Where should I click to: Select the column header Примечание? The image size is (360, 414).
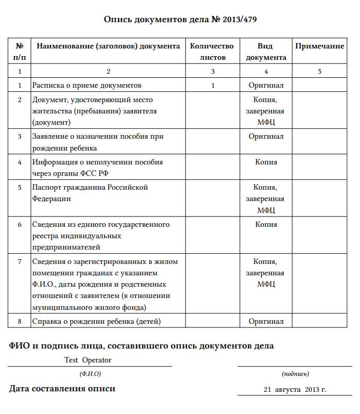pos(319,46)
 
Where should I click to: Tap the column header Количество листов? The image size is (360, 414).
pos(212,52)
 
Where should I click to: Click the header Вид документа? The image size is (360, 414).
pos(266,52)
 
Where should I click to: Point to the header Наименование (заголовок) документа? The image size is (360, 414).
pos(108,46)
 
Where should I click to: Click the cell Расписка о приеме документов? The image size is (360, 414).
pos(87,85)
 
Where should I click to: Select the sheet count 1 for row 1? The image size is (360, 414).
pos(213,85)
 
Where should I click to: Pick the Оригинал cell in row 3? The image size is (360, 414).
pos(266,137)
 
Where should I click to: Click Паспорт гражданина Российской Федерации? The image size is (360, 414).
pos(90,192)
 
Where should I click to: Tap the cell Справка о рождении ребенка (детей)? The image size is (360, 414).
pos(96,321)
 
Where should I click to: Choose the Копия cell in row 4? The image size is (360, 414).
pos(266,162)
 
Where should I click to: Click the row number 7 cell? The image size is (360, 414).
pos(20,261)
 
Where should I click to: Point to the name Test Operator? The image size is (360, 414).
pos(88,360)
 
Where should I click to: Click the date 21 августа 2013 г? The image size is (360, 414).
pos(295,389)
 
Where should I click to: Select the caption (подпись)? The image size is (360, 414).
pos(295,373)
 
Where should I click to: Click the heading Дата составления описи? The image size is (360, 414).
pos(62,389)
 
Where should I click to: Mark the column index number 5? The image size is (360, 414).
pos(319,72)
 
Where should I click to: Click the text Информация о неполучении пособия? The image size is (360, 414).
pos(97,162)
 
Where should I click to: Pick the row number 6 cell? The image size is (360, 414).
pos(20,224)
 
